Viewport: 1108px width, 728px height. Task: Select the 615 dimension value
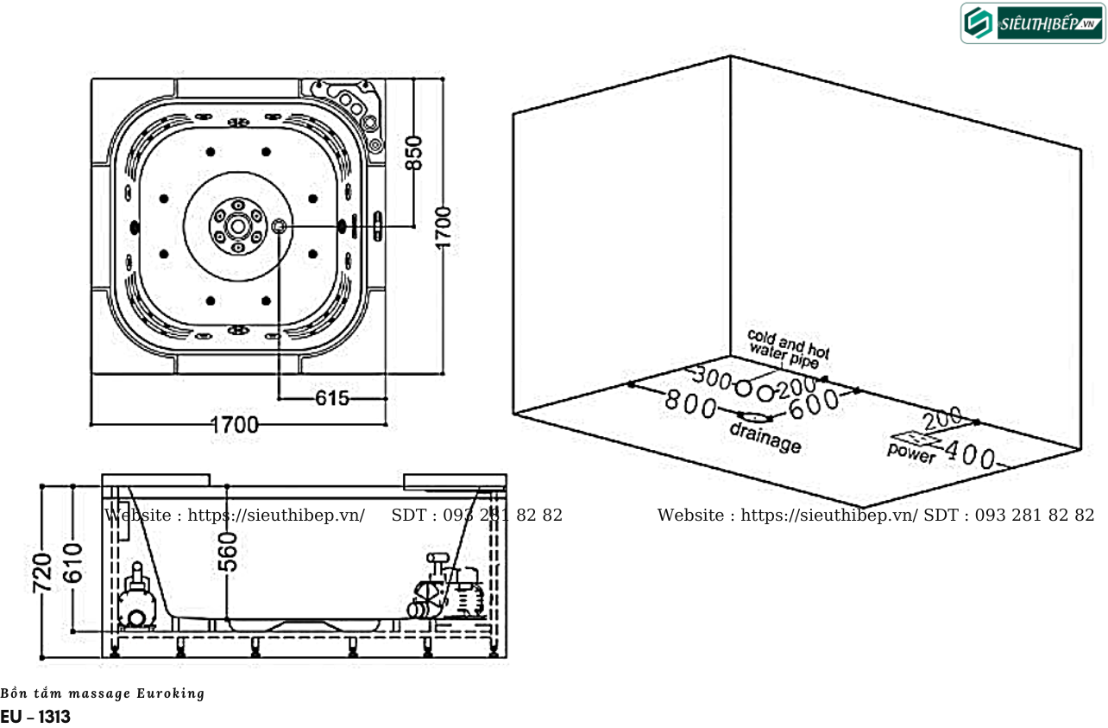(332, 398)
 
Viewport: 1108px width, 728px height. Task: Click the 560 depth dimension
(228, 552)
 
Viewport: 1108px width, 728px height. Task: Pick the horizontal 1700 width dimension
(235, 425)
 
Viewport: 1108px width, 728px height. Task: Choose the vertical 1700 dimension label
(444, 227)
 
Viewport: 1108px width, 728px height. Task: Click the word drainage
(765, 438)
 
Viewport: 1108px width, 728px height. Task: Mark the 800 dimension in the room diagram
(690, 402)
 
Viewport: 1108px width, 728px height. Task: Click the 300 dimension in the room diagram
(713, 378)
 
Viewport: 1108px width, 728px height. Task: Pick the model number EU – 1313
(35, 717)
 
